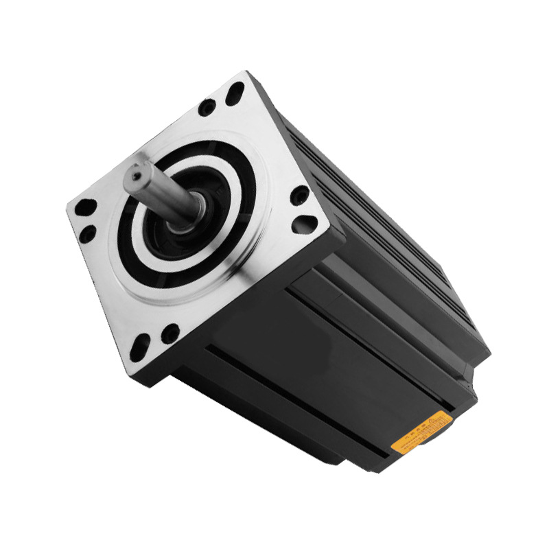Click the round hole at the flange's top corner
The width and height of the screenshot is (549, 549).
pyautogui.click(x=207, y=108)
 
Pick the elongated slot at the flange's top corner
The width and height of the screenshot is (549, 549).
pyautogui.click(x=235, y=90)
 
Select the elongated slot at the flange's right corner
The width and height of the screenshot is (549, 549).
pyautogui.click(x=307, y=224)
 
